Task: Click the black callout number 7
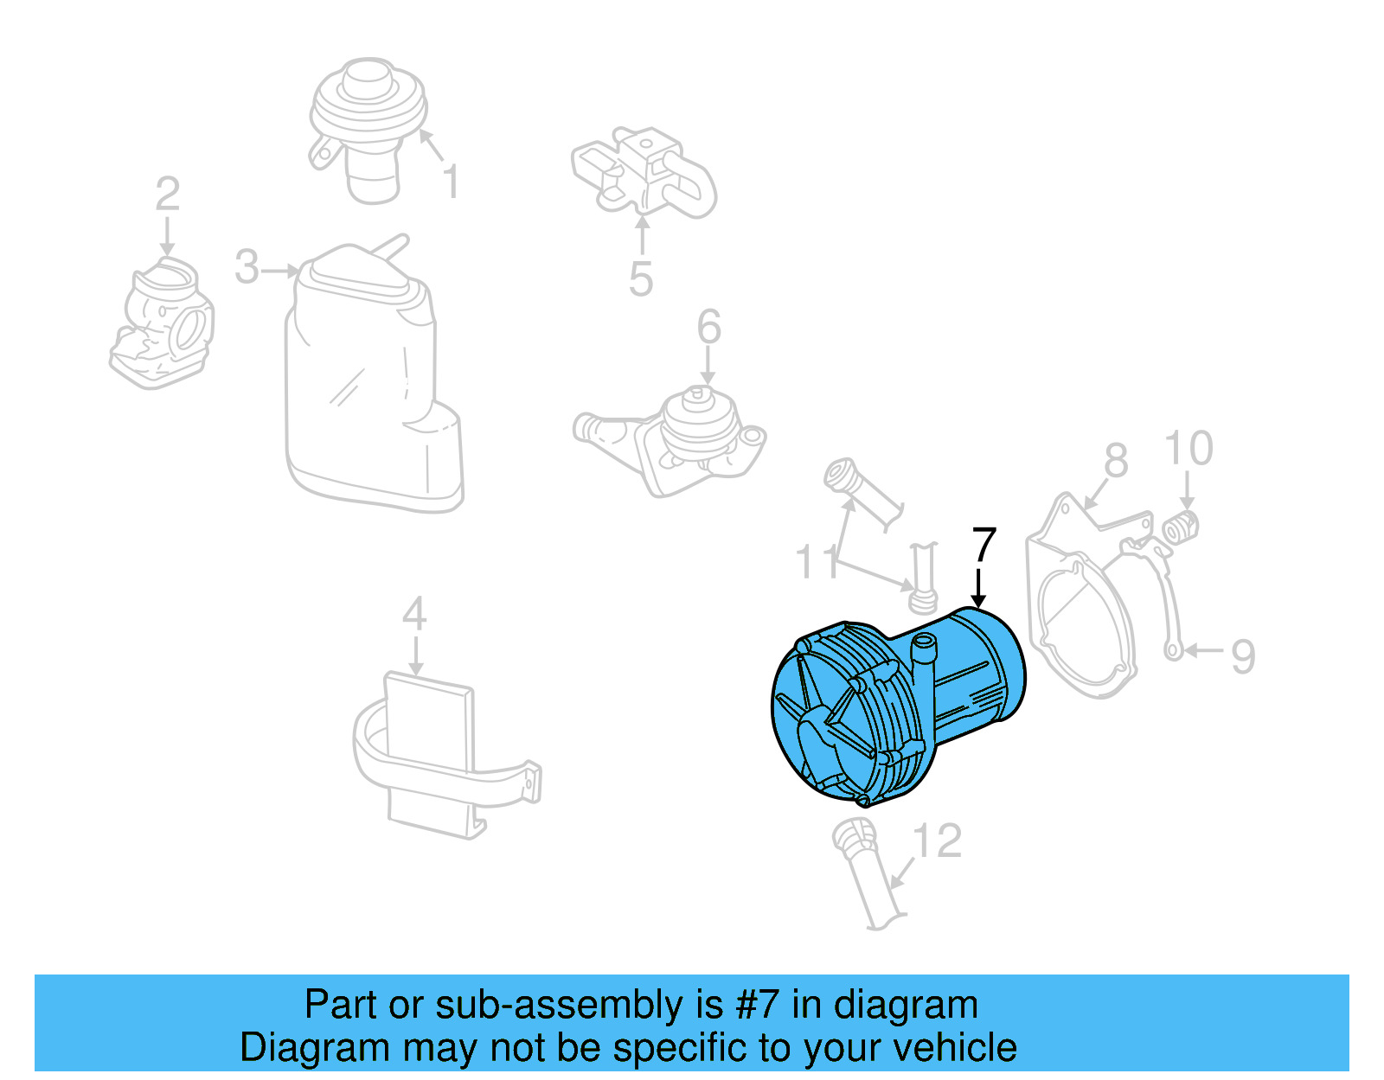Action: pos(984,546)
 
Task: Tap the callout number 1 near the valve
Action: pos(451,182)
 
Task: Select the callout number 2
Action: pos(167,195)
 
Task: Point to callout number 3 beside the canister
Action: pos(247,267)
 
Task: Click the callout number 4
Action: pos(414,615)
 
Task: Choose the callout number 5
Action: pos(640,279)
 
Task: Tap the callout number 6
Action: pos(708,328)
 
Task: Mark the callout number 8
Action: pos(1116,461)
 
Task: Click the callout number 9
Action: pos(1242,656)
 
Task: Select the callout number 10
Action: pos(1189,449)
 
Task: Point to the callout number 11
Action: pos(817,562)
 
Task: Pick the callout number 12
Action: pos(938,841)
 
